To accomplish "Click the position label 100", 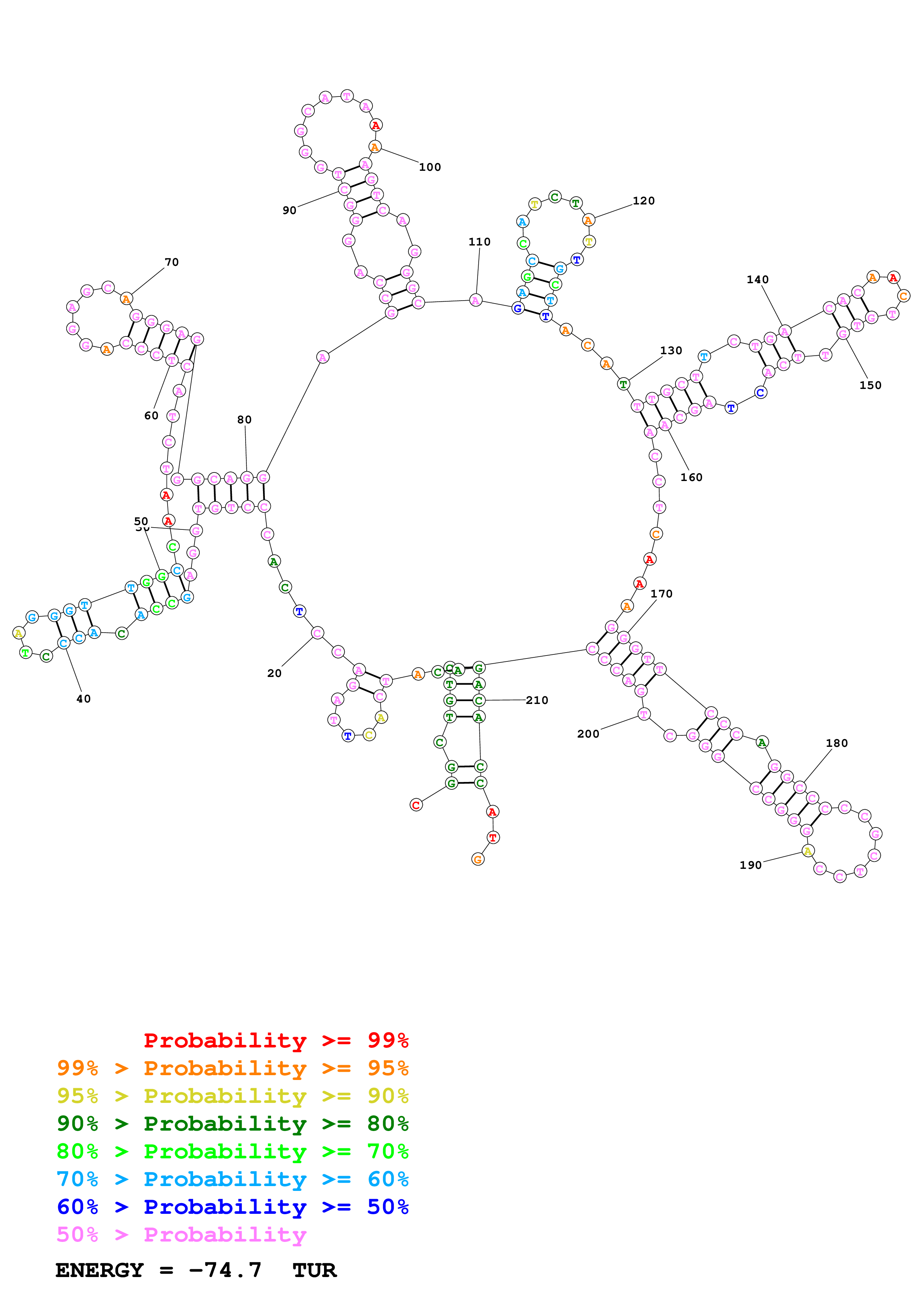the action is pos(429,167).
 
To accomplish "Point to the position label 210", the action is pos(536,701).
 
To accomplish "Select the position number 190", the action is pos(750,865).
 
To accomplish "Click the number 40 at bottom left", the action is pos(83,699).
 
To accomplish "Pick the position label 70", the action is pos(171,262).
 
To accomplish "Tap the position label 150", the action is pos(870,385).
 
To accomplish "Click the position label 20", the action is pos(274,673).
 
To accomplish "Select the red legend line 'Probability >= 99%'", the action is pos(276,1040).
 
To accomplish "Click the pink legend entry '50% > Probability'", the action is pos(181,1234).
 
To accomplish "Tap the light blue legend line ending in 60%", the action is pos(232,1179).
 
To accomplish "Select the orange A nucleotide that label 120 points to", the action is pos(588,220).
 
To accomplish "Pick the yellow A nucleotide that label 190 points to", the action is pos(808,851).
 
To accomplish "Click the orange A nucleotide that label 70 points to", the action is pos(127,299).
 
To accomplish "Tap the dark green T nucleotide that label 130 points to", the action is pos(623,384).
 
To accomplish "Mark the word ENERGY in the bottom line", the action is pos(100,1270).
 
